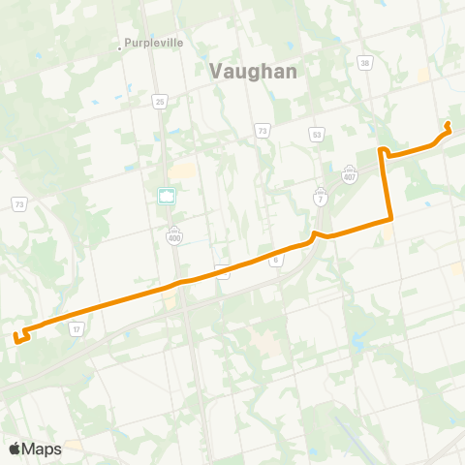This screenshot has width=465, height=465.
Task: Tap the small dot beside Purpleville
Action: point(120,44)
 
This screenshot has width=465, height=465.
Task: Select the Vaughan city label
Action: point(253,71)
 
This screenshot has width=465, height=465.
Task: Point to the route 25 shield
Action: point(158,100)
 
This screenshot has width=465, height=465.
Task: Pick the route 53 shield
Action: point(317,134)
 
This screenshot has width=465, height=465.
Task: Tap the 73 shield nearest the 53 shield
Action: point(262,128)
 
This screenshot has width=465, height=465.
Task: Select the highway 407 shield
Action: point(349,175)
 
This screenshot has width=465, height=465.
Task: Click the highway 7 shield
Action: point(321,198)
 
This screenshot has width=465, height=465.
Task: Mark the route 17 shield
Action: point(76,329)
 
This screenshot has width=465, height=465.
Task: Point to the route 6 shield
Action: point(276,260)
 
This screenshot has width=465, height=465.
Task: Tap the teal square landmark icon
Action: point(167,196)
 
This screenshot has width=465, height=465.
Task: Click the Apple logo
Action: point(15,449)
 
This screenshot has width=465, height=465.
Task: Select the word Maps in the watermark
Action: point(43,449)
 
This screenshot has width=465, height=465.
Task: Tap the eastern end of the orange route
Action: point(448,123)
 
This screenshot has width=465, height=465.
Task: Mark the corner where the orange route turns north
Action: point(389,220)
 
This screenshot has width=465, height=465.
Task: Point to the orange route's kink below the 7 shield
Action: point(316,235)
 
